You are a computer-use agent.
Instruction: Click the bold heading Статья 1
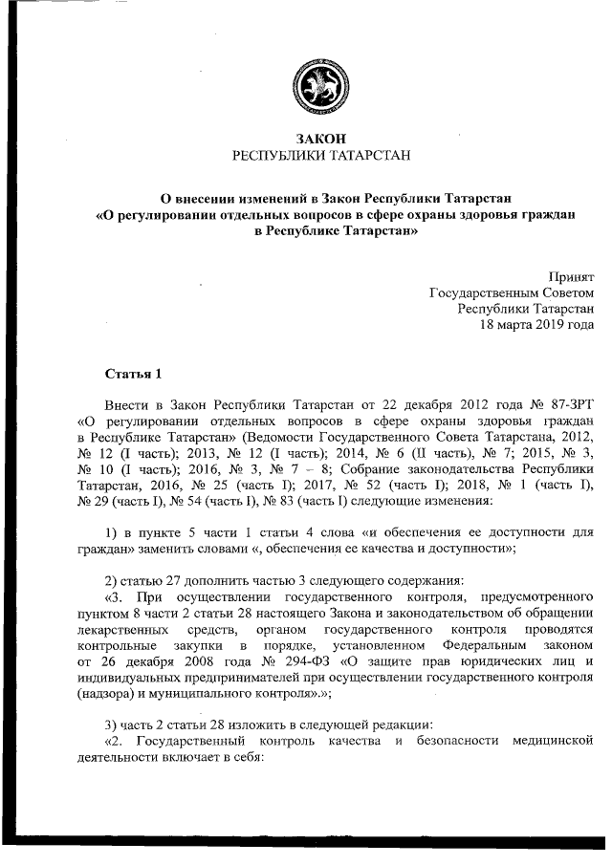(x=134, y=372)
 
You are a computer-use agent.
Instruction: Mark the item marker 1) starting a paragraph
(x=111, y=532)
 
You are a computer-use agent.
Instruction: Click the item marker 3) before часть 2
(x=111, y=724)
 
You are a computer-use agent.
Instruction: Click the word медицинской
(x=553, y=740)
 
